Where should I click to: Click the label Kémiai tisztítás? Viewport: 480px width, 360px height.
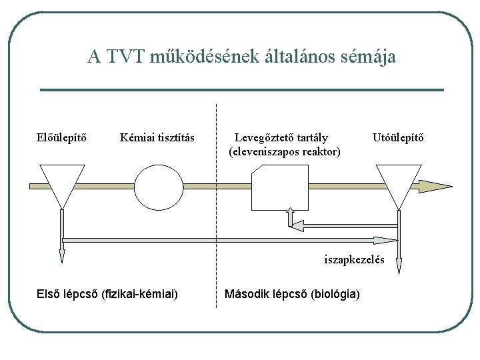tap(157, 138)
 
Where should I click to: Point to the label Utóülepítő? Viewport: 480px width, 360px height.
tap(398, 138)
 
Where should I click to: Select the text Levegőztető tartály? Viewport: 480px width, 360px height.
tap(281, 138)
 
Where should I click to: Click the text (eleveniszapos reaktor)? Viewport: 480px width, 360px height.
tap(285, 152)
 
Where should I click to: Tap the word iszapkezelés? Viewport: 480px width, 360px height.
tap(354, 259)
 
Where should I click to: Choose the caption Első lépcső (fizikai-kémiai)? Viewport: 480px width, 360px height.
tap(107, 293)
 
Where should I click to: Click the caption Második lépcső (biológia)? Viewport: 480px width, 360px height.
tap(293, 293)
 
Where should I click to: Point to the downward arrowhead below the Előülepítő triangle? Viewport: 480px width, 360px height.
tap(62, 255)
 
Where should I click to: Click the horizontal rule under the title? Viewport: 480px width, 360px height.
tap(242, 90)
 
